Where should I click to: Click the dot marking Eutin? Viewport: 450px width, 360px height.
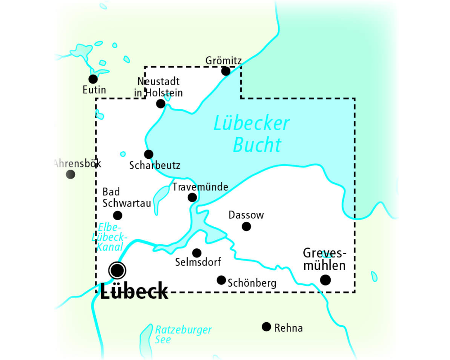[93, 79]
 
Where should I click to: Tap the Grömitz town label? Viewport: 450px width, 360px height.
[224, 60]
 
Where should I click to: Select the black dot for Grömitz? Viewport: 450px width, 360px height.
[226, 71]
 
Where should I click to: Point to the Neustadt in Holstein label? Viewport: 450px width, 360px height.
[159, 87]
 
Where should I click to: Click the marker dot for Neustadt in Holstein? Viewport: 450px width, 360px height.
[161, 104]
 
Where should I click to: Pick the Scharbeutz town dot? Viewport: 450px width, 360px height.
[148, 154]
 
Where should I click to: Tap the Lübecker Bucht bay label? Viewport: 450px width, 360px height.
[252, 134]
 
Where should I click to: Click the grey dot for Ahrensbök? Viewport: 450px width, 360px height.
[71, 174]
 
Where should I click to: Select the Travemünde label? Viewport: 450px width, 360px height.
[200, 187]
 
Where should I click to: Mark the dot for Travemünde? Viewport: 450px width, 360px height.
[192, 197]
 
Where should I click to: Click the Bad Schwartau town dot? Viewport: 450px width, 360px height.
[117, 215]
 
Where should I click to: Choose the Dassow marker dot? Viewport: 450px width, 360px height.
[246, 226]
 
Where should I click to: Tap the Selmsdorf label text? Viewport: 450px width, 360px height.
[198, 262]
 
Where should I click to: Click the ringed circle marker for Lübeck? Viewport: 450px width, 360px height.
[117, 270]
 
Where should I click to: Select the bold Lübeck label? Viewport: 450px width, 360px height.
[134, 292]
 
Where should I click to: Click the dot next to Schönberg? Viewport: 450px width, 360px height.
[221, 280]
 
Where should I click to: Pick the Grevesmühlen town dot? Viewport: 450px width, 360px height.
[325, 280]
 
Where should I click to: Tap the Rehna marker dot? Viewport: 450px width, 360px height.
[266, 327]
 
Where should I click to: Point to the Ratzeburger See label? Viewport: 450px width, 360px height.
[183, 334]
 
